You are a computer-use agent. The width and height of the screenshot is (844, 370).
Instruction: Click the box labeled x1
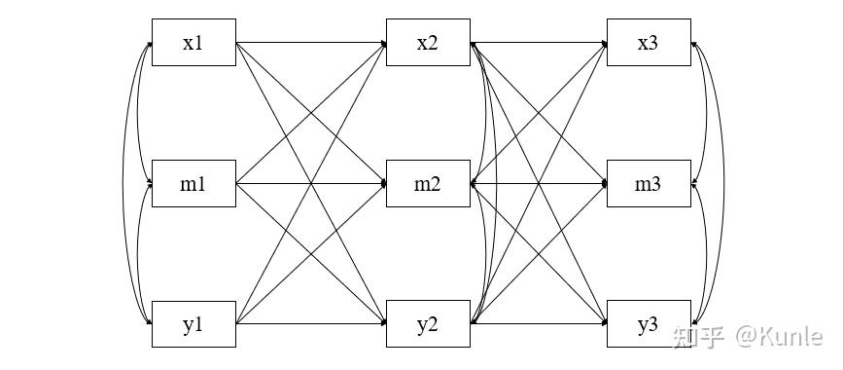193,43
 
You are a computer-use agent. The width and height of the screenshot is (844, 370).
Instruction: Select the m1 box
193,184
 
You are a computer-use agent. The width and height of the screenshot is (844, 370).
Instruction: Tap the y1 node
193,324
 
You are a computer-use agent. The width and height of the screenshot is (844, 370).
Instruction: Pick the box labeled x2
428,43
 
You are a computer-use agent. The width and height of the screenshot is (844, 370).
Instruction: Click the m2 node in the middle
428,184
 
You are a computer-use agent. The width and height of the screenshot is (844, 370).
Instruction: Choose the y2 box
428,324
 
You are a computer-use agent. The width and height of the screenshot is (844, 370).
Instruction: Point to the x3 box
649,43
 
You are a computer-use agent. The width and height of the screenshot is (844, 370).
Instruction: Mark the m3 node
649,184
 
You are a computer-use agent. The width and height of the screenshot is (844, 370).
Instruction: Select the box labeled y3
649,324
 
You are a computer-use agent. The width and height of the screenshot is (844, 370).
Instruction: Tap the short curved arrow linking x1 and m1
139,112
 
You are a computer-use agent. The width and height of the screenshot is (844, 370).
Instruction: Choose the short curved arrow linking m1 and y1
139,253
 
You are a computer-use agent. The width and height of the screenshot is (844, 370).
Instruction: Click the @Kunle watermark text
778,337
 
